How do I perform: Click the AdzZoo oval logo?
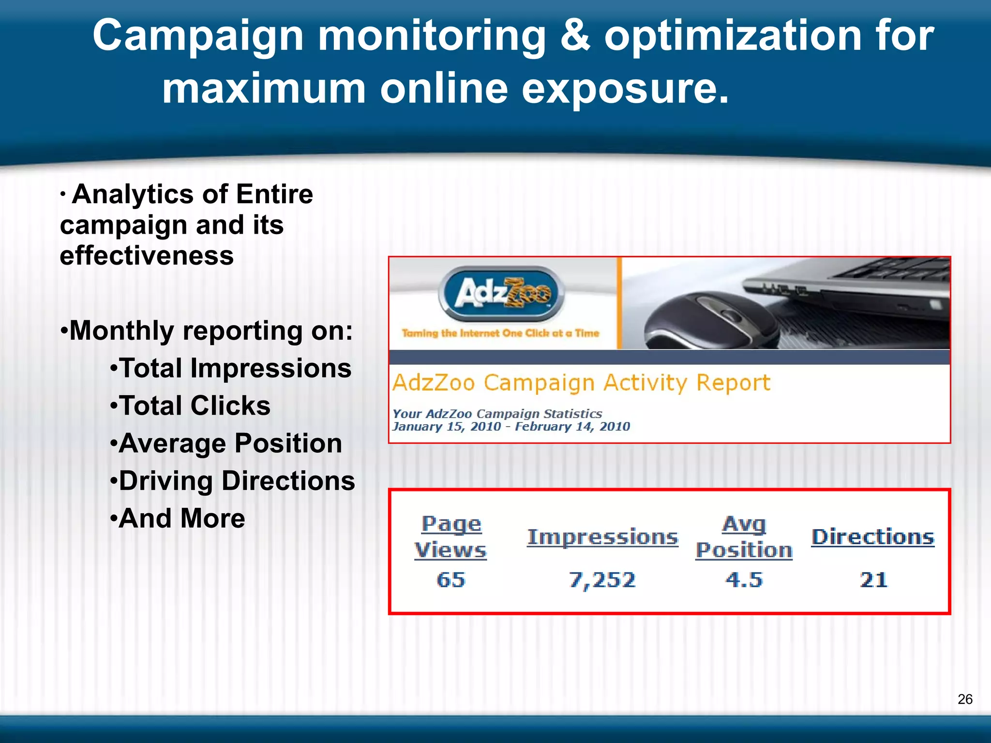point(501,293)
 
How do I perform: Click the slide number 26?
point(965,699)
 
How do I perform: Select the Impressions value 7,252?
point(602,580)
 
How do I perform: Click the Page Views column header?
point(450,537)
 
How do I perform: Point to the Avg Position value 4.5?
point(744,580)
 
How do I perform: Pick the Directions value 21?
point(873,580)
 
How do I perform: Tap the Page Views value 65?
point(450,580)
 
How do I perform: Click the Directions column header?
point(872,537)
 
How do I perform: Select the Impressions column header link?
point(602,537)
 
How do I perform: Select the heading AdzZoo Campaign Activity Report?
point(581,383)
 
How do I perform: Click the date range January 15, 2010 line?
point(511,427)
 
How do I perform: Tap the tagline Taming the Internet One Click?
point(500,333)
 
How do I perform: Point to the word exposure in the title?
point(624,89)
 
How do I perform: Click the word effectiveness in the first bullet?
point(147,255)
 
